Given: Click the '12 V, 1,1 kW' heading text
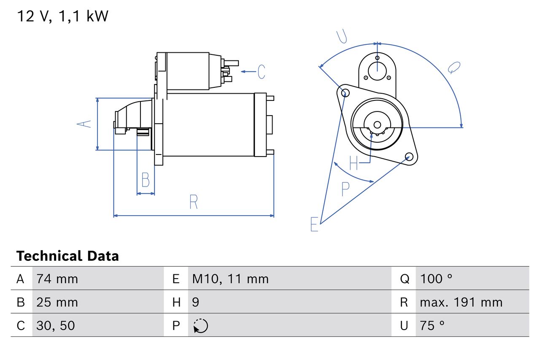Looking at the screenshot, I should [x=62, y=16].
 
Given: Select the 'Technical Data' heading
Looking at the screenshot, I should [x=67, y=256].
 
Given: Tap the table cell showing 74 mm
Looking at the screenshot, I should [x=57, y=279].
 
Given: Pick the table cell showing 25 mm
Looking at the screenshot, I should [x=57, y=302].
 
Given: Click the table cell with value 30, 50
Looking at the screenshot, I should [x=56, y=325].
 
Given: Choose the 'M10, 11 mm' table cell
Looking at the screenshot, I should [x=230, y=279].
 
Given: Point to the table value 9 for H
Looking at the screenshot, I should [x=196, y=302].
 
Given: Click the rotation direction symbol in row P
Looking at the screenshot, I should [x=200, y=326].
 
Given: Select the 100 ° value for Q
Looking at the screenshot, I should [x=436, y=279].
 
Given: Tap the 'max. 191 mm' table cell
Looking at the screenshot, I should [x=461, y=302].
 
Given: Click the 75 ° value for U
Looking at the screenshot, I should [x=432, y=325].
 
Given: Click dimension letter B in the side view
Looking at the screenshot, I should [x=146, y=180].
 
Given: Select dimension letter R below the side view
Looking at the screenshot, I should [x=193, y=202].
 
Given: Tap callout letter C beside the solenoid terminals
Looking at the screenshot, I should [x=262, y=72].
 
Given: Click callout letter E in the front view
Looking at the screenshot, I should [x=314, y=224].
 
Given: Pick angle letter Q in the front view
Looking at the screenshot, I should [x=454, y=68].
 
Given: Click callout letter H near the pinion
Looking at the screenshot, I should [x=354, y=163].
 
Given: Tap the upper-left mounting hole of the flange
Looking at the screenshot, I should [x=345, y=93].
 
